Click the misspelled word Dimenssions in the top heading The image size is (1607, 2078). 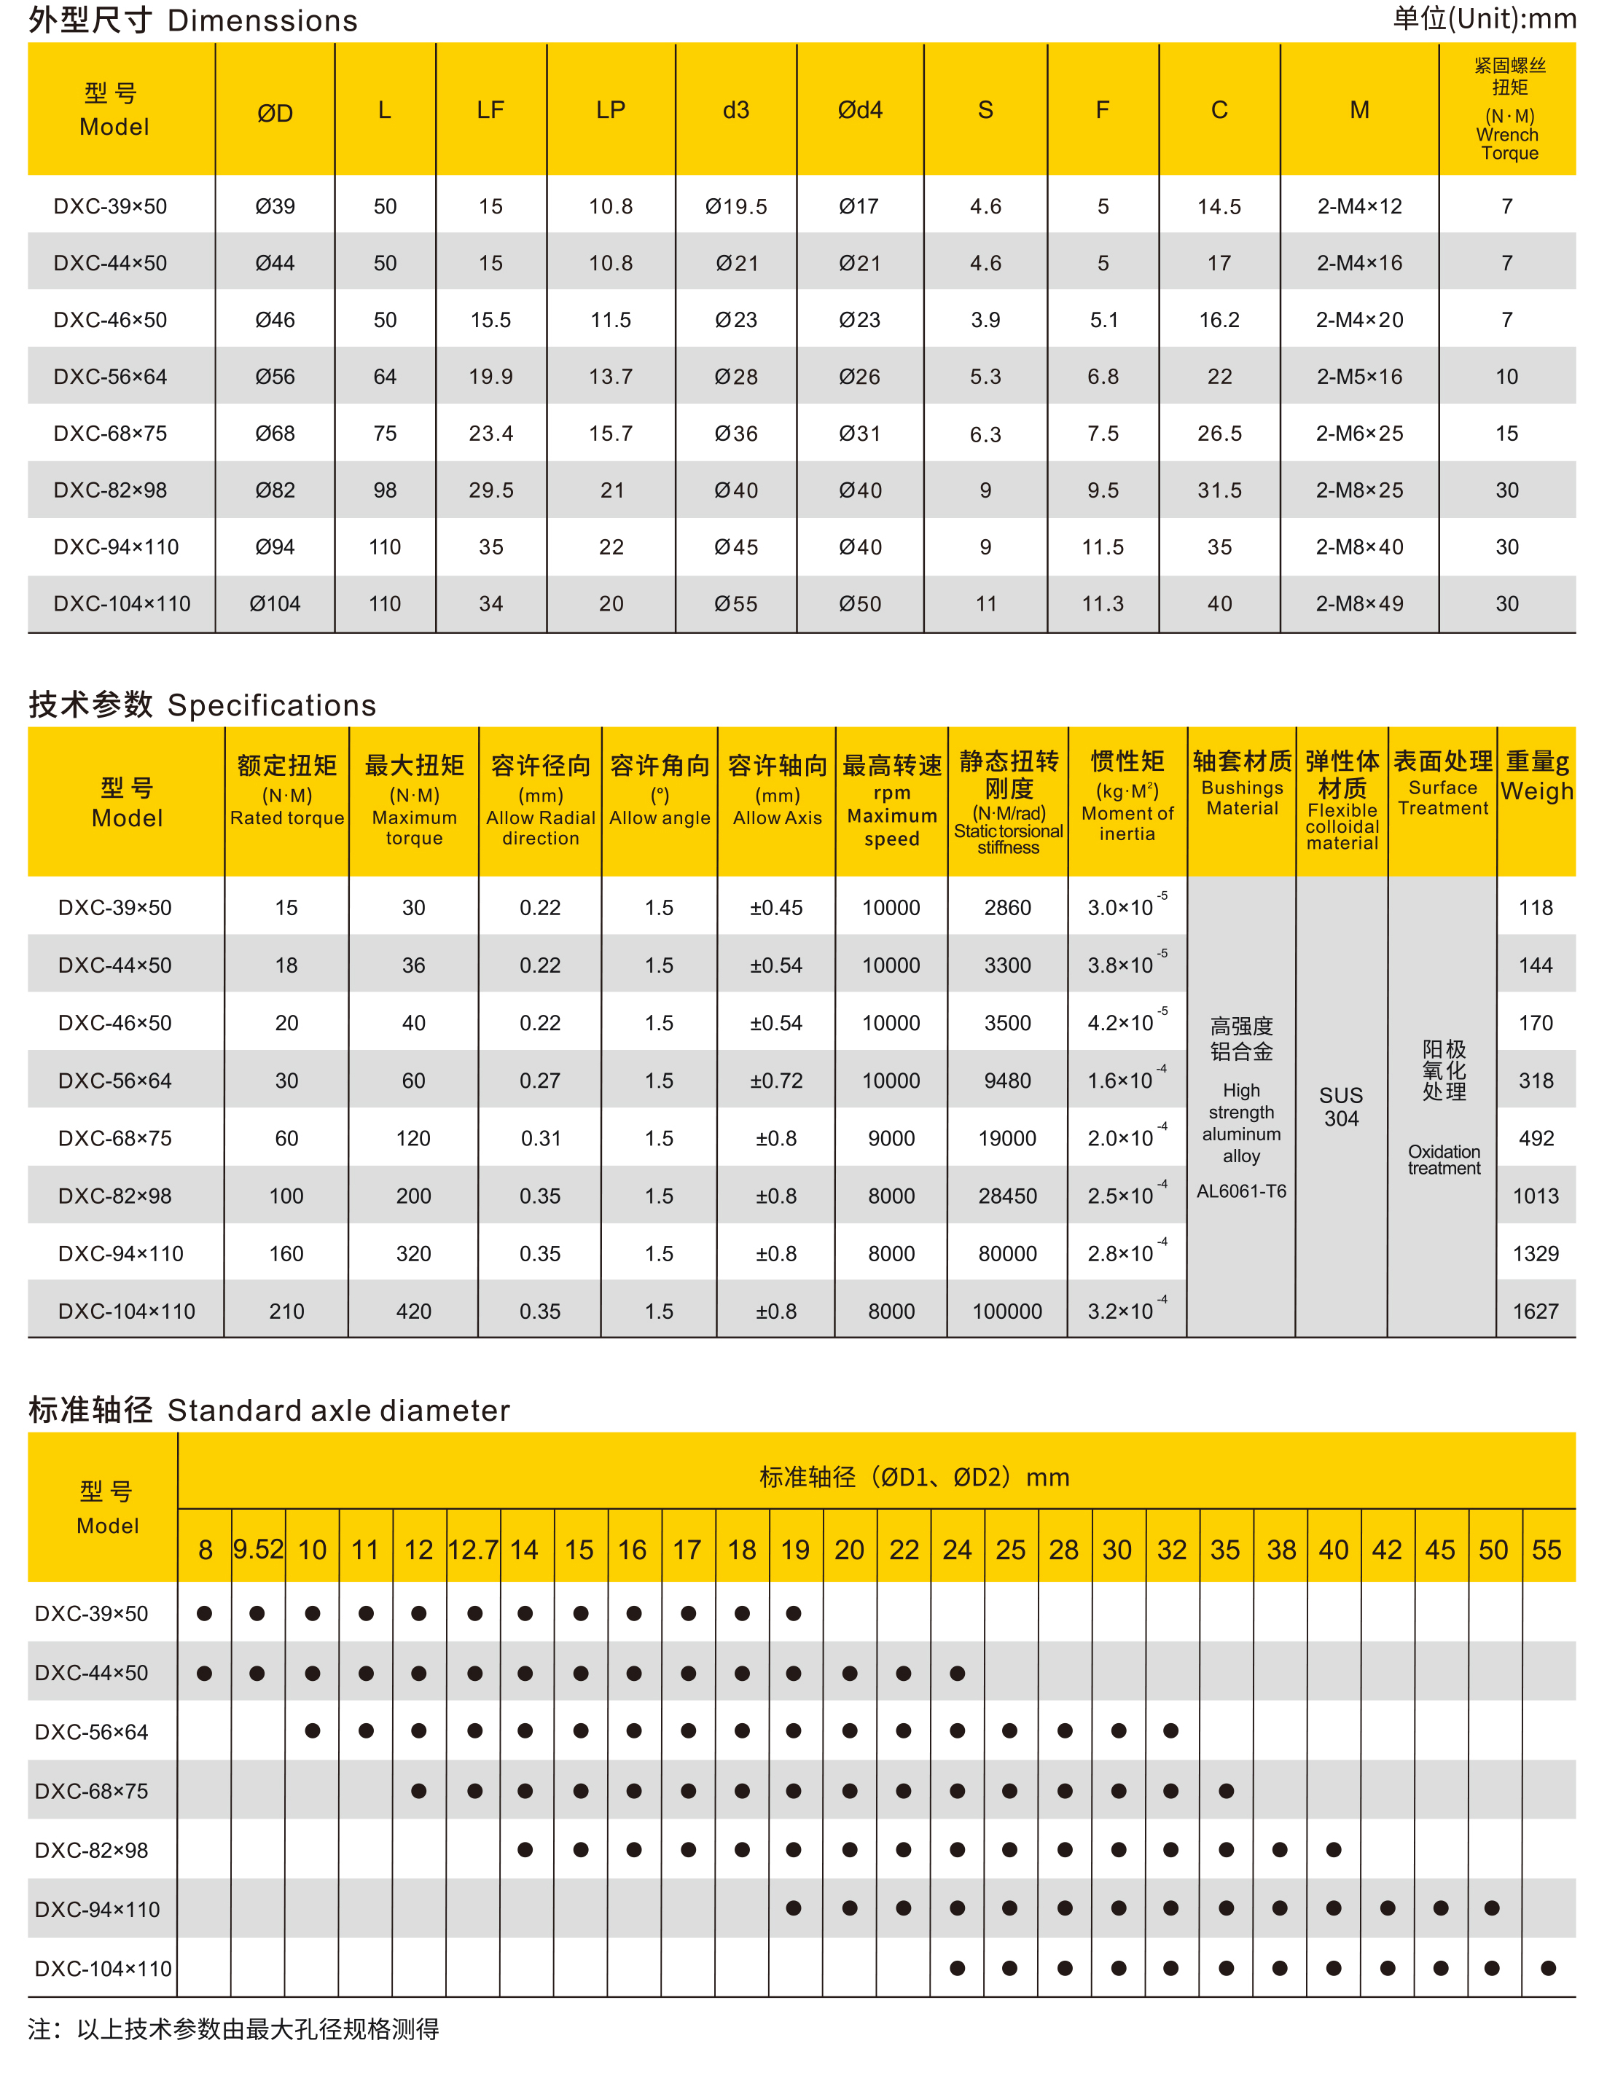click(262, 21)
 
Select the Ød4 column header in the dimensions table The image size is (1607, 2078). click(859, 110)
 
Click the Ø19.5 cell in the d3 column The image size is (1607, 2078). click(735, 206)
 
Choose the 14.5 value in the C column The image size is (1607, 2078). click(1219, 206)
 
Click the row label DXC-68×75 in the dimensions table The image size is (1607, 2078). click(110, 434)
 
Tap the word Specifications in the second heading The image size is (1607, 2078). click(271, 705)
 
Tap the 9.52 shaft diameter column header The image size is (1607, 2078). click(258, 1549)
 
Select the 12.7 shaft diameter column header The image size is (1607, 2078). click(473, 1550)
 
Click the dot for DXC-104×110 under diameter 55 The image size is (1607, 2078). click(1548, 1968)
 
